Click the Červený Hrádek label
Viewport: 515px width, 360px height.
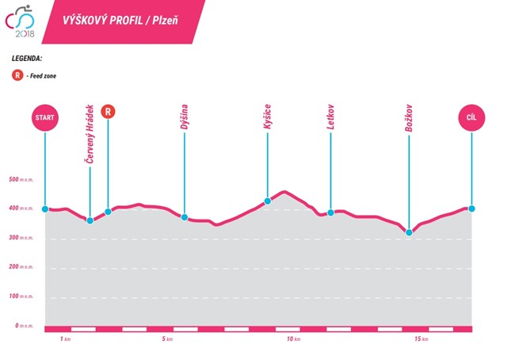90,134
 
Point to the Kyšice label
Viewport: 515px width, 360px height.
268,118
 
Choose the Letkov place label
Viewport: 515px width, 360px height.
330,118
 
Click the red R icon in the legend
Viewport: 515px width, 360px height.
17,75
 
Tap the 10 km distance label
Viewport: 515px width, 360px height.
292,340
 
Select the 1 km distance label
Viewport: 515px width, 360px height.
66,340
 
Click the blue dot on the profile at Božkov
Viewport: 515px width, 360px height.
409,232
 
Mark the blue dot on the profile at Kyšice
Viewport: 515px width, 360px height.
268,201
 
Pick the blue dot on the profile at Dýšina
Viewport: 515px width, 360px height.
184,216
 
